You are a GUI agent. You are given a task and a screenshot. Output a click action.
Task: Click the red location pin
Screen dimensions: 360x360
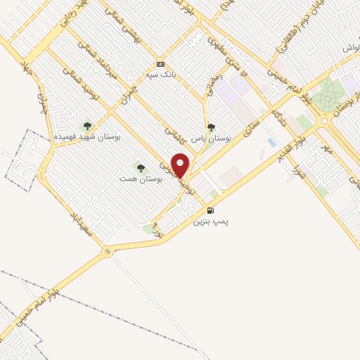coord(181,165)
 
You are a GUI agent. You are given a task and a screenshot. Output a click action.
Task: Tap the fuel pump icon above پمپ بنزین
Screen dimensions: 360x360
coord(210,210)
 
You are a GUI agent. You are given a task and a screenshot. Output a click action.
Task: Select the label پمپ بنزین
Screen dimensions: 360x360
coord(212,221)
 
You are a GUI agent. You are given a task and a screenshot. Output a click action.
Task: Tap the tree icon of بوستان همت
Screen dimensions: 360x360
coord(141,167)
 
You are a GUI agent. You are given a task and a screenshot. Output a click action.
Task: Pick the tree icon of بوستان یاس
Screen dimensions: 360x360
coord(211,128)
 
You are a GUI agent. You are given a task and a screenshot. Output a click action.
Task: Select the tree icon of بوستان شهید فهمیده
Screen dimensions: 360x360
coord(87,126)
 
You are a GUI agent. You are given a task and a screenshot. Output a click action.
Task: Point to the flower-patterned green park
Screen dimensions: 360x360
coord(326,96)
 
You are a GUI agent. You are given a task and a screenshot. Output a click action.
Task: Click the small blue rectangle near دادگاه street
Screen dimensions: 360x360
coord(271,142)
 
